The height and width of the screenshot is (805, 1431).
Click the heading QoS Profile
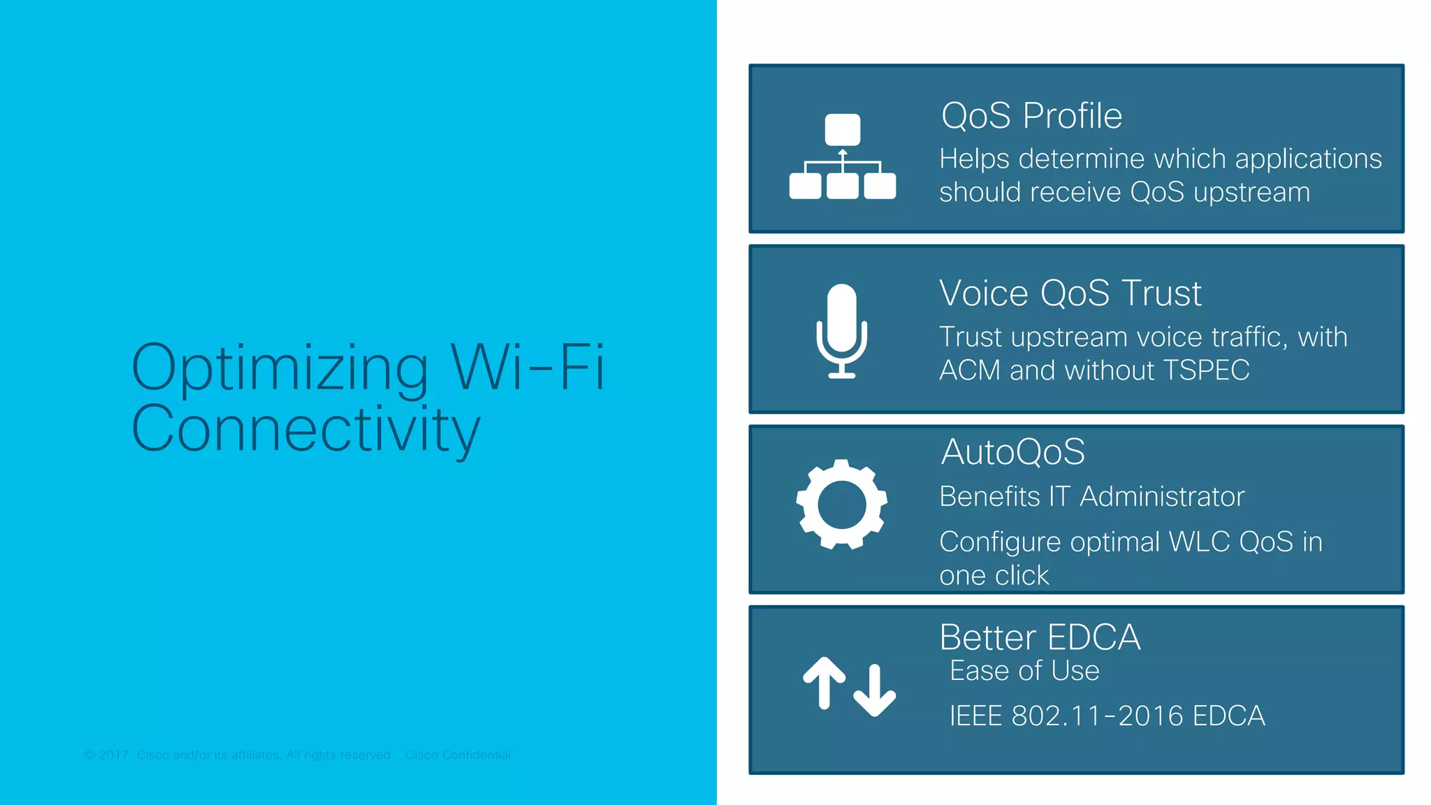1031,116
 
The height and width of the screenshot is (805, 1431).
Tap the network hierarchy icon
842,157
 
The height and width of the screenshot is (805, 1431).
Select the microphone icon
842,331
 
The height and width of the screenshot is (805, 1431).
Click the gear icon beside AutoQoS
842,504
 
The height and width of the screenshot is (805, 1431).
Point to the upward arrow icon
825,681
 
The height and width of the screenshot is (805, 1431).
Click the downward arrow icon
874,690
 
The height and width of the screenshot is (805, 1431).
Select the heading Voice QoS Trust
1070,293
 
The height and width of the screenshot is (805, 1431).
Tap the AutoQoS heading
1012,452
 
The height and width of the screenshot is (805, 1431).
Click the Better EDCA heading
1040,637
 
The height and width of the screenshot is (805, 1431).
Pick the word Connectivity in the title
305,428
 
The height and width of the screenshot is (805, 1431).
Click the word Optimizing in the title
280,368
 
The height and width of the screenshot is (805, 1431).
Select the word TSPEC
1206,370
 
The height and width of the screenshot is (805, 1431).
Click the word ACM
970,370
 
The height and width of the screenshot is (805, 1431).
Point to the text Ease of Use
1024,671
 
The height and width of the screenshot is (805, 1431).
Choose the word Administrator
1162,497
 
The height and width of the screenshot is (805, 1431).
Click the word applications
1308,159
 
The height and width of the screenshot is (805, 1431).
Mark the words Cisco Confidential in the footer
458,755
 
